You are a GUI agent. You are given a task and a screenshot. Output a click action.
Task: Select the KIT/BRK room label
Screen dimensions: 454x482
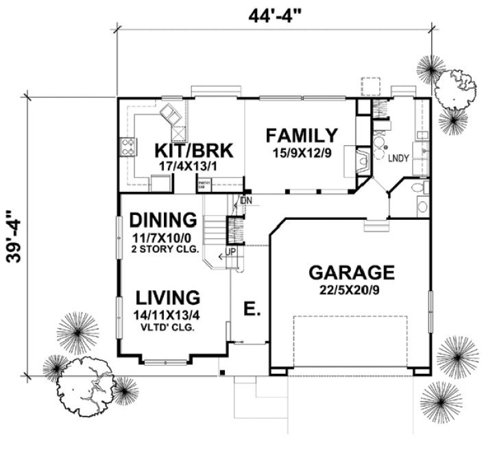[184, 150]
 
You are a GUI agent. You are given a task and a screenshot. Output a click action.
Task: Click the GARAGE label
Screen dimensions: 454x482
[352, 272]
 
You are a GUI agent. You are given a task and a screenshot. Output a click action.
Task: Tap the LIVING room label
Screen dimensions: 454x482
[167, 298]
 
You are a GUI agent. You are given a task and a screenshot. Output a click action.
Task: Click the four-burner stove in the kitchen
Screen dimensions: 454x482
[128, 147]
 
